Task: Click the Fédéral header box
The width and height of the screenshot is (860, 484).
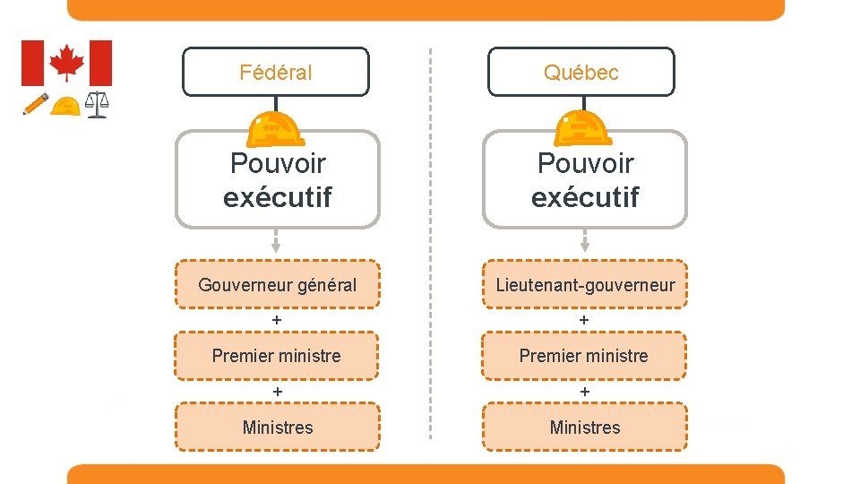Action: tap(276, 72)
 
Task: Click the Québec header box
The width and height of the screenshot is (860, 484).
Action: tap(580, 72)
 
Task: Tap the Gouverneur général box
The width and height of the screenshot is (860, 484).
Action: tap(277, 285)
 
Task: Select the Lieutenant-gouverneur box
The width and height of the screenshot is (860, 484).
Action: tap(585, 285)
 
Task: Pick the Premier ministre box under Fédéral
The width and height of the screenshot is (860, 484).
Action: tap(277, 356)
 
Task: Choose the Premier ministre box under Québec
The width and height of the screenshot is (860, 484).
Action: tap(585, 356)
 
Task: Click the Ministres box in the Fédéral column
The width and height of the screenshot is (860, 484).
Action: tap(277, 427)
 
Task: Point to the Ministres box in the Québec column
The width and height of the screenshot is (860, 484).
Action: tap(585, 427)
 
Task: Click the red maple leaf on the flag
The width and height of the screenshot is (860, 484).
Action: tap(66, 63)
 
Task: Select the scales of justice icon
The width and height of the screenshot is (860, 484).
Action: tap(96, 106)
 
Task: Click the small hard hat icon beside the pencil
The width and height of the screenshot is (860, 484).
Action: tap(64, 106)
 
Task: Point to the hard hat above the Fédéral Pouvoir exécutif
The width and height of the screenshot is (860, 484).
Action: tap(276, 128)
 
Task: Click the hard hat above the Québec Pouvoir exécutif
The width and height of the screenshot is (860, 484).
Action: tap(583, 128)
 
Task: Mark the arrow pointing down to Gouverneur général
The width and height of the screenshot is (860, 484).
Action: tap(276, 241)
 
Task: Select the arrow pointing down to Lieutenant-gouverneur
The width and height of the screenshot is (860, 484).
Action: tap(585, 241)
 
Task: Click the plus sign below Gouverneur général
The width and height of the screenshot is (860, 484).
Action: tap(277, 320)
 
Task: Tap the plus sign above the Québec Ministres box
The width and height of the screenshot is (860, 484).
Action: tap(585, 392)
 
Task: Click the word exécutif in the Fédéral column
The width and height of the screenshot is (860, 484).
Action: tap(278, 197)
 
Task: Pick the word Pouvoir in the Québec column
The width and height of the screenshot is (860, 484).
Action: tap(585, 164)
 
